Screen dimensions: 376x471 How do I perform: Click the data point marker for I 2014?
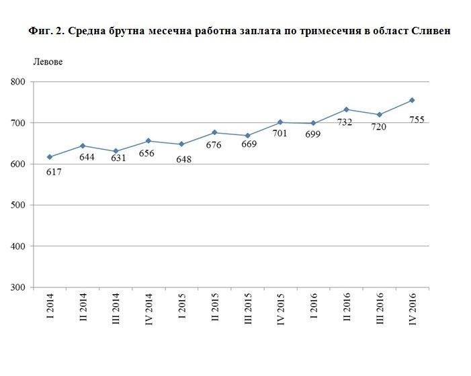coord(50,157)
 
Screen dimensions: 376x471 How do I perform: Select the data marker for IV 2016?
coord(412,100)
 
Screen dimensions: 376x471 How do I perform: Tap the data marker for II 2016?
coord(346,109)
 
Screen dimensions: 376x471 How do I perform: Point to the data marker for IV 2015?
coord(280,122)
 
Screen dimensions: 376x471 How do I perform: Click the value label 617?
coord(53,171)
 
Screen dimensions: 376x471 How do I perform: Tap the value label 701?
coord(280,133)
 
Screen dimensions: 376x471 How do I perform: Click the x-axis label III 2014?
coord(116,309)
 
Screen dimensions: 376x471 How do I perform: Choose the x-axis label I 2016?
coord(314,309)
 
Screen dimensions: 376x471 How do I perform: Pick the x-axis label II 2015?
coord(215,309)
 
